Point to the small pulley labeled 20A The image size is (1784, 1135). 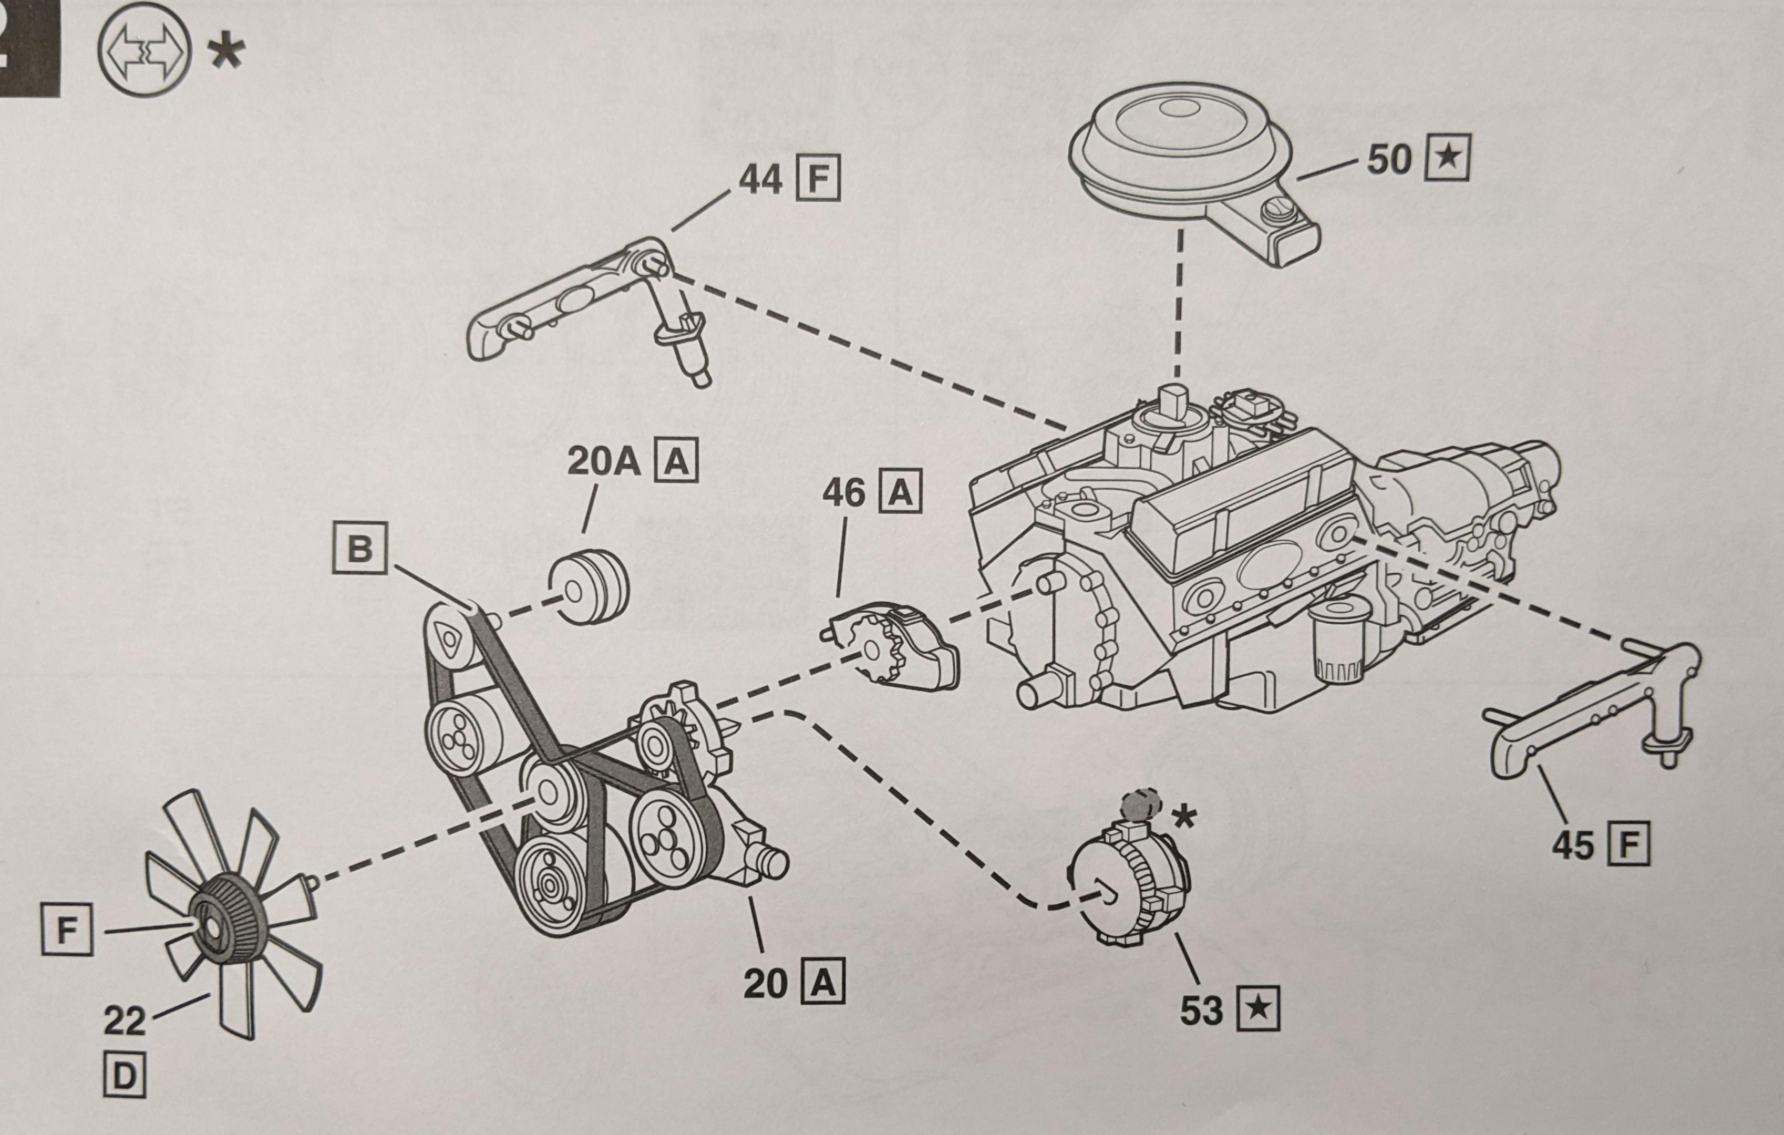(x=589, y=589)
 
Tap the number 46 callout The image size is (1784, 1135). (x=842, y=493)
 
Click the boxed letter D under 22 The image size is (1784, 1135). (x=123, y=1077)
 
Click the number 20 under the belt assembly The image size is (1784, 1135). (x=765, y=983)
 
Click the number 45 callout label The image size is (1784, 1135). (x=1572, y=844)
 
